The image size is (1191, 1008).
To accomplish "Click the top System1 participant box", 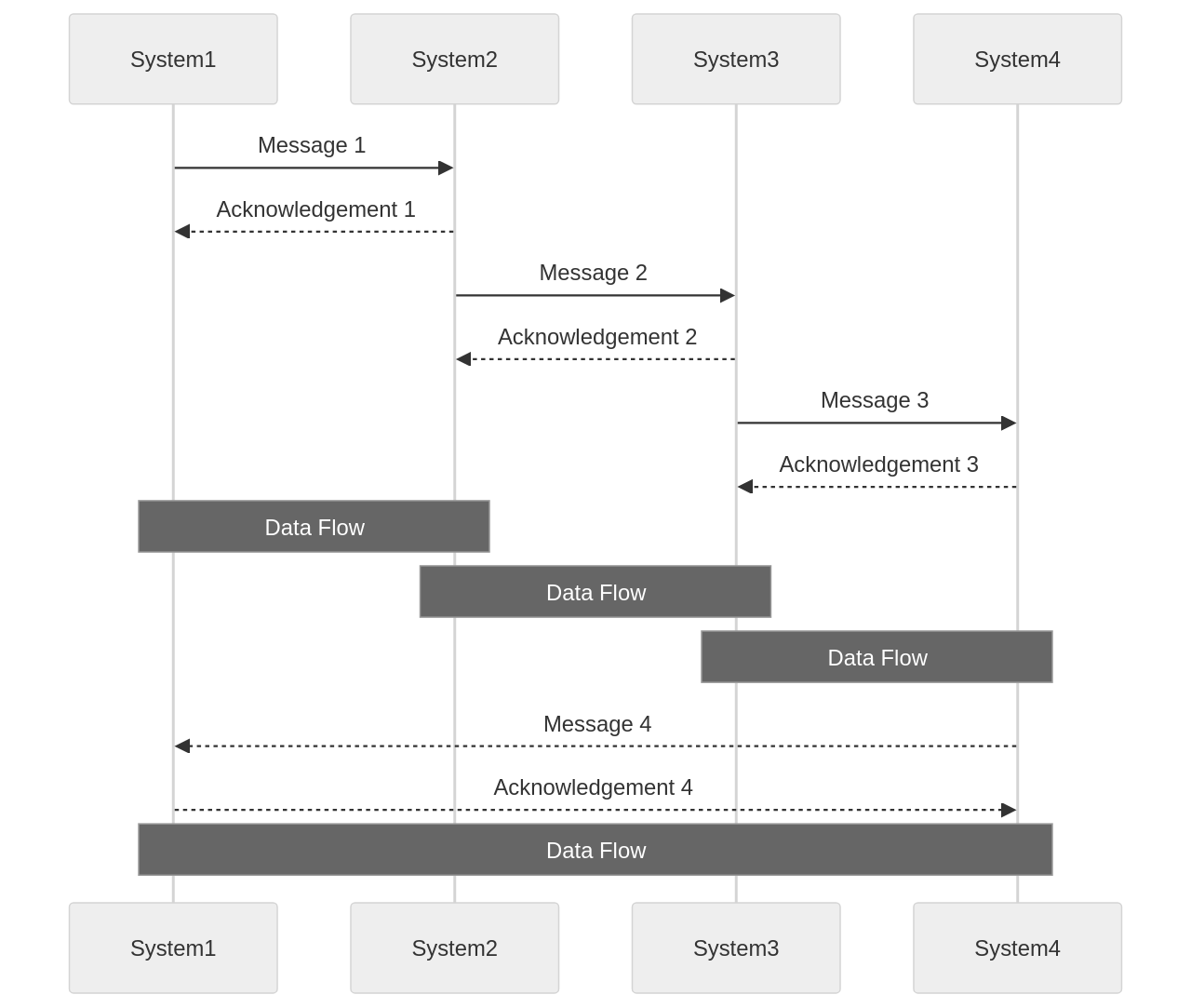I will point(173,60).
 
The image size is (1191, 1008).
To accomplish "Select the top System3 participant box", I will point(736,60).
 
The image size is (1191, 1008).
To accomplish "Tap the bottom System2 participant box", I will point(454,948).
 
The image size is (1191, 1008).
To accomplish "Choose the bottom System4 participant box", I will point(1017,948).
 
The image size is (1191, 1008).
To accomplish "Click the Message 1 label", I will point(312,145).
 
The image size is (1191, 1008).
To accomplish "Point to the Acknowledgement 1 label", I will point(315,209).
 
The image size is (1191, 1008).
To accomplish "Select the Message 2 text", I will point(593,273).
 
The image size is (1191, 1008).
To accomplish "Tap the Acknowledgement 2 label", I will point(596,337).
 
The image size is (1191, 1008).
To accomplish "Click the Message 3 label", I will point(875,400).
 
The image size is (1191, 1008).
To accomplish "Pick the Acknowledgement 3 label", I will point(878,464).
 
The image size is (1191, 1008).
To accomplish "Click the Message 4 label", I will point(596,724).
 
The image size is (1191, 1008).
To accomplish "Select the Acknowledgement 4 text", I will point(593,787).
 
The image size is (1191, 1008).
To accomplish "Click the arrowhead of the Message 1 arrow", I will point(446,168).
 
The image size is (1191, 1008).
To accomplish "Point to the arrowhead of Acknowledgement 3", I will point(745,487).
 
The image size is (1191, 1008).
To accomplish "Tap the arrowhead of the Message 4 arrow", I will point(182,746).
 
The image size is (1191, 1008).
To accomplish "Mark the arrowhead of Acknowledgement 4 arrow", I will point(1008,810).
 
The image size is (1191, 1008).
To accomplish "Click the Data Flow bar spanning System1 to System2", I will point(314,527).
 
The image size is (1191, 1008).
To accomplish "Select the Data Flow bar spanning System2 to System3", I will point(595,592).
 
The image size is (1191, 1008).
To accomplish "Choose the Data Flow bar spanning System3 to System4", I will point(877,657).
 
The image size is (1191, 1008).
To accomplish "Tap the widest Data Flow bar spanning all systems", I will point(595,850).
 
